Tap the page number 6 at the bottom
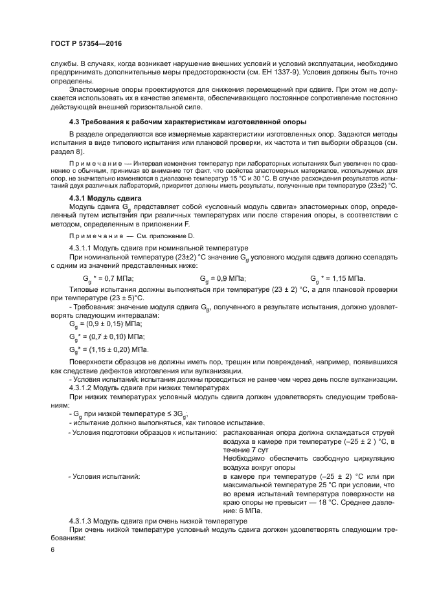click(52, 550)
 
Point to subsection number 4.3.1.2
click(83, 387)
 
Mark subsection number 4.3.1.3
click(83, 521)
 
